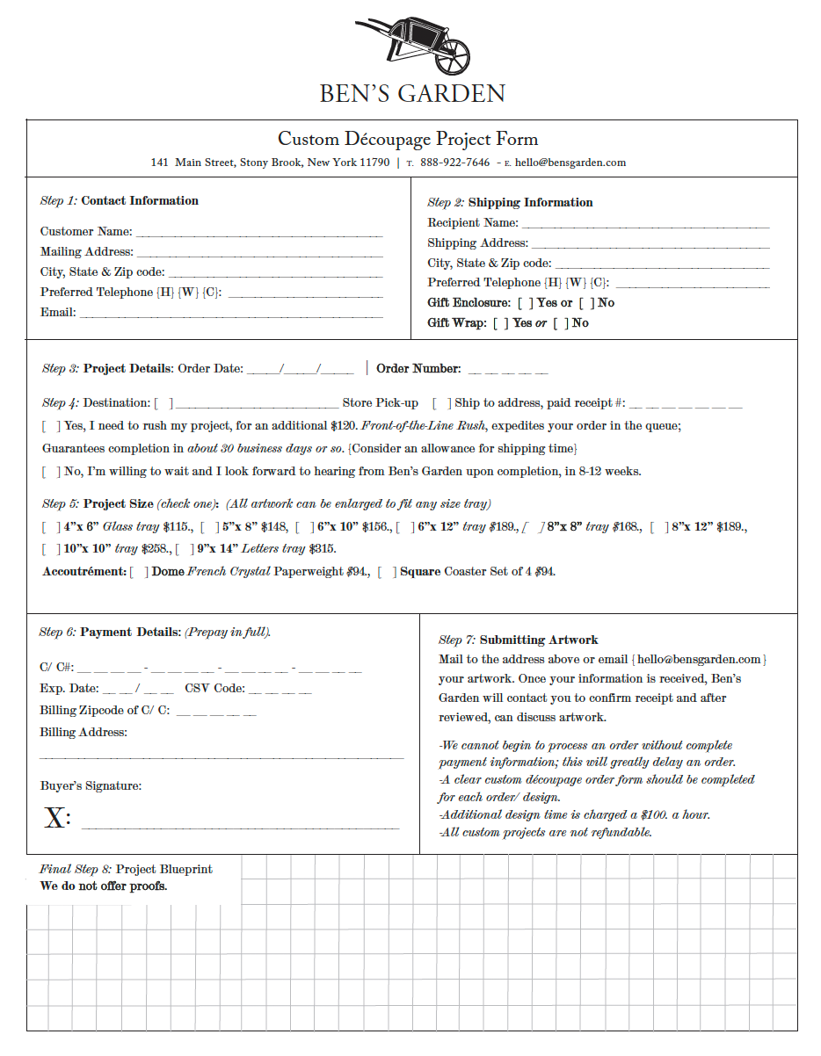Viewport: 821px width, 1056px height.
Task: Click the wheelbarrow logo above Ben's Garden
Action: pyautogui.click(x=413, y=49)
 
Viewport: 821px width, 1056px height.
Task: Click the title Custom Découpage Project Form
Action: pyautogui.click(x=408, y=139)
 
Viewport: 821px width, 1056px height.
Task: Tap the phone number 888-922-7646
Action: pyautogui.click(x=454, y=163)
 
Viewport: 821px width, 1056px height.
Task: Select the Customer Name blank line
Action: pyautogui.click(x=259, y=235)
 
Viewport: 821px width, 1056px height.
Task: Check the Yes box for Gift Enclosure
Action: pyautogui.click(x=525, y=303)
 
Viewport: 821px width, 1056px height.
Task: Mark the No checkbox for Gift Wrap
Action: pyautogui.click(x=561, y=323)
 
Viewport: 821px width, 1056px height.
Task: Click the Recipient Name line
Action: pyautogui.click(x=644, y=226)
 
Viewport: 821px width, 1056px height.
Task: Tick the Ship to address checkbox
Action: pyautogui.click(x=442, y=403)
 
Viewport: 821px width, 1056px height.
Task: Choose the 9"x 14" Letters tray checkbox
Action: pyautogui.click(x=185, y=549)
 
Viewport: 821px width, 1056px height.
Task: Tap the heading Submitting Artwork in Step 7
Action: pyautogui.click(x=539, y=640)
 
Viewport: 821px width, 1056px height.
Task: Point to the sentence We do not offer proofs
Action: pyautogui.click(x=104, y=886)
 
